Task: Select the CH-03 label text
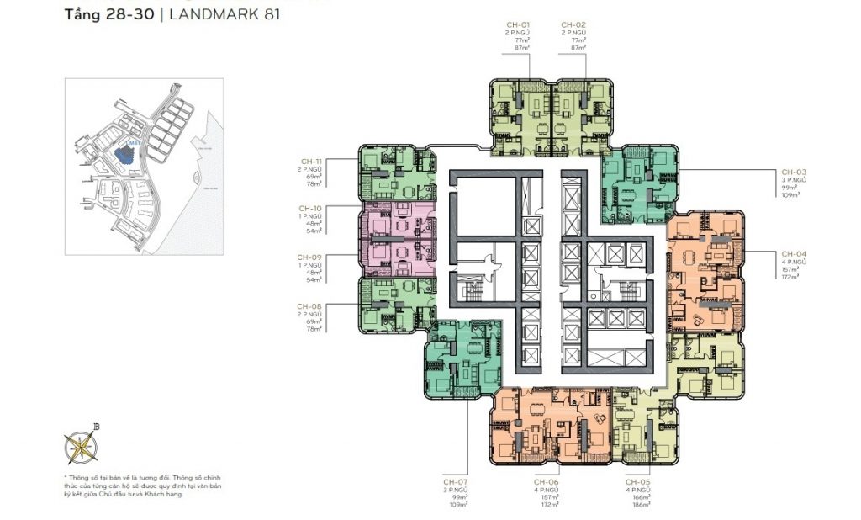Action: (x=794, y=171)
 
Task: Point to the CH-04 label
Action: (x=794, y=253)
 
